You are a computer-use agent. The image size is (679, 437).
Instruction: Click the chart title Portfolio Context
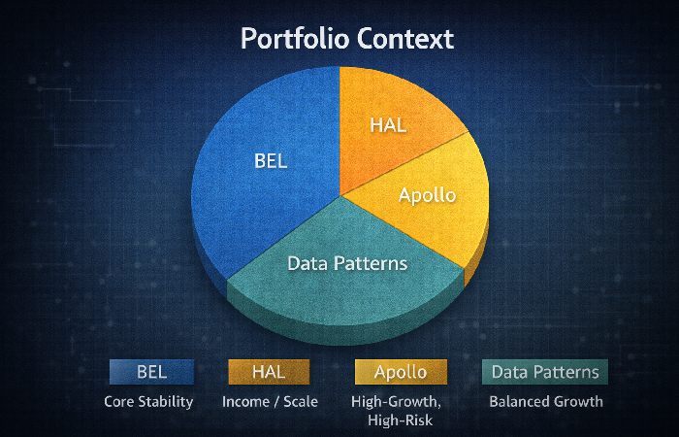(346, 40)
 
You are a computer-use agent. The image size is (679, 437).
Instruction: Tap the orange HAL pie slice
(388, 117)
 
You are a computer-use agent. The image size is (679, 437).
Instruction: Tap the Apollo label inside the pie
(427, 194)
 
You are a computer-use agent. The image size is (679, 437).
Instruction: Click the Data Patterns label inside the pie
(347, 263)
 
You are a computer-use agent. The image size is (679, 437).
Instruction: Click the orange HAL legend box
(268, 371)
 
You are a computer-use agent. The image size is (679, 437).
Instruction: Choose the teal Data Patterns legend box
(545, 371)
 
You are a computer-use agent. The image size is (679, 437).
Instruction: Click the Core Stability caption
(149, 401)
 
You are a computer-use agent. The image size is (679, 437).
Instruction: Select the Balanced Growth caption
(545, 401)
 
